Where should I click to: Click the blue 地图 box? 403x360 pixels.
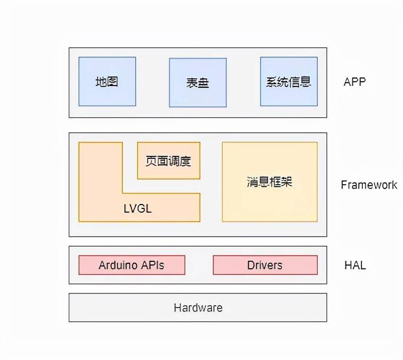tap(107, 81)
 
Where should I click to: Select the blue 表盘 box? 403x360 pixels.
tap(198, 82)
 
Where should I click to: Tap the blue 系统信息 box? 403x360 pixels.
tap(289, 81)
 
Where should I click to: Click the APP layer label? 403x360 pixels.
tap(355, 82)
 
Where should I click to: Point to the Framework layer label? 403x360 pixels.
tap(369, 185)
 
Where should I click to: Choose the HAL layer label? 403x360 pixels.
tap(355, 265)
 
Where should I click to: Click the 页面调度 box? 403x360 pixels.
tap(168, 161)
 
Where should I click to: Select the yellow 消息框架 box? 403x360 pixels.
tap(270, 182)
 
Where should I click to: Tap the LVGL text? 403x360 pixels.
tap(138, 208)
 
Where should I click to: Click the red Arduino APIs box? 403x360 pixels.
tap(132, 265)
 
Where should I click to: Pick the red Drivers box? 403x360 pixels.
tap(265, 265)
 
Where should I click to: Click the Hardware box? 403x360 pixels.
tap(198, 308)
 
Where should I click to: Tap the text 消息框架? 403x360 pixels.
tap(269, 182)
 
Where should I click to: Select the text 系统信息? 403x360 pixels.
tap(289, 82)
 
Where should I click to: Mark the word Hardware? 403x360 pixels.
tap(198, 308)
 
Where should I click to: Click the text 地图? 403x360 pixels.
tap(106, 82)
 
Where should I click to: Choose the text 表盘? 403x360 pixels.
tap(197, 83)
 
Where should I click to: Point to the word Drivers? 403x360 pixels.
tap(265, 265)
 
